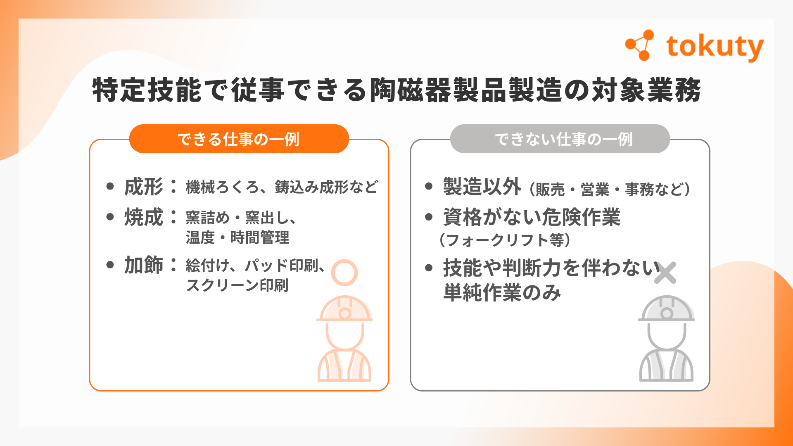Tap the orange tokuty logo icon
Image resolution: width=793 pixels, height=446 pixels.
pyautogui.click(x=640, y=45)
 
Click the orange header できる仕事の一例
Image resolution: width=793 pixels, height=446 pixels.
pyautogui.click(x=239, y=139)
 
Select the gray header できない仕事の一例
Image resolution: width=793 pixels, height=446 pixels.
pyautogui.click(x=563, y=139)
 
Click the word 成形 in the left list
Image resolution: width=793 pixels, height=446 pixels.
pyautogui.click(x=144, y=187)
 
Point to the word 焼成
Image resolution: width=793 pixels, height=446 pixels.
pyautogui.click(x=144, y=217)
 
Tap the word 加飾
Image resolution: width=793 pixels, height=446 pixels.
pyautogui.click(x=144, y=265)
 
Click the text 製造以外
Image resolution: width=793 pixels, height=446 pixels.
pyautogui.click(x=482, y=187)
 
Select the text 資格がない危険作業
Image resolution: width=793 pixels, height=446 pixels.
pyautogui.click(x=532, y=217)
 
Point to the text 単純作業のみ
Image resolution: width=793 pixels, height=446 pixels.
pyautogui.click(x=502, y=293)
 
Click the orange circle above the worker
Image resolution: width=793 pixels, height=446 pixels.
pyautogui.click(x=344, y=273)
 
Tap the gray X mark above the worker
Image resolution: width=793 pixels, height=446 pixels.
pyautogui.click(x=665, y=273)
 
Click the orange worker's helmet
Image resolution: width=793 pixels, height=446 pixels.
pyautogui.click(x=344, y=309)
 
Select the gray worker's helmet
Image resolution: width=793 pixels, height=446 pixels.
pyautogui.click(x=666, y=309)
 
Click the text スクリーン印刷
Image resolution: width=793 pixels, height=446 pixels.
pyautogui.click(x=237, y=285)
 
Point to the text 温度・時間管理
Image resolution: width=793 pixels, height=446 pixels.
pyautogui.click(x=237, y=238)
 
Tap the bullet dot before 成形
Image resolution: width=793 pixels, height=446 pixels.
pyautogui.click(x=110, y=186)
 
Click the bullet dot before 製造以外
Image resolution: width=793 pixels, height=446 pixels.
pyautogui.click(x=429, y=186)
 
